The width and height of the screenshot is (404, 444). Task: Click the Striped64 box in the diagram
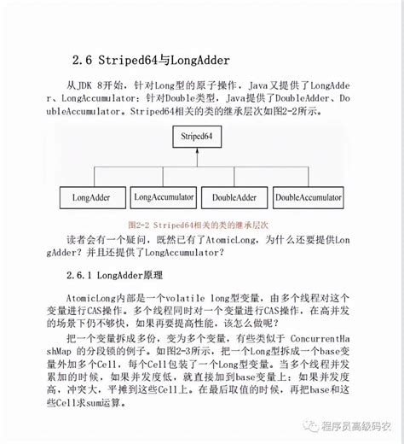201,137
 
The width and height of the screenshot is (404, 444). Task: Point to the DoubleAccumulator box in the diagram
308,197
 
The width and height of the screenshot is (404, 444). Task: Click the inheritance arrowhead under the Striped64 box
201,155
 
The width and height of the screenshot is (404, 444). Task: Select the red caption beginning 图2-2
202,225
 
